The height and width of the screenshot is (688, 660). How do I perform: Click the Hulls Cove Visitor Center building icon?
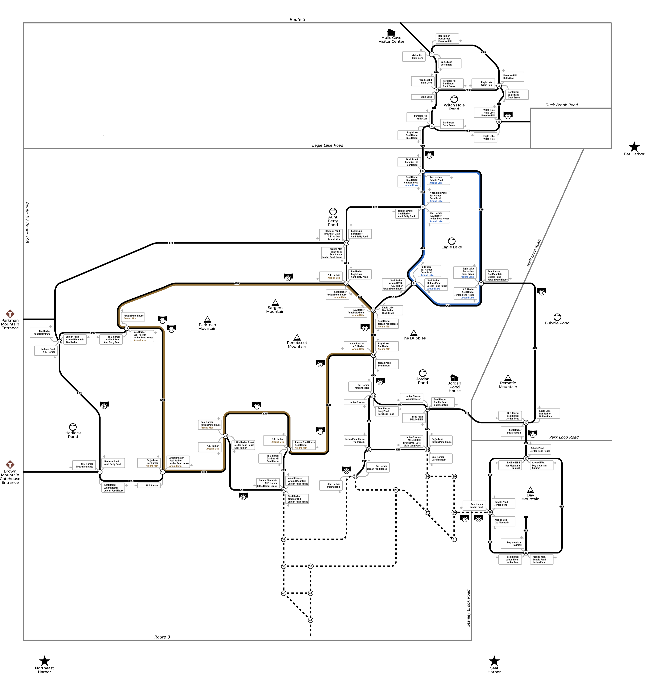[x=391, y=32]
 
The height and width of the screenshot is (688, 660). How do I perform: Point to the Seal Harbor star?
[x=494, y=661]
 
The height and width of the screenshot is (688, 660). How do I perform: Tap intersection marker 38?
[x=490, y=512]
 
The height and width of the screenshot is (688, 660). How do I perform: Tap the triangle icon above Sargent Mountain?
[x=275, y=302]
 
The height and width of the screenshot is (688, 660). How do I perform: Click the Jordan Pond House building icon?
[x=454, y=377]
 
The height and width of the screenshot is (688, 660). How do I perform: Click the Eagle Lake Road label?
[x=328, y=145]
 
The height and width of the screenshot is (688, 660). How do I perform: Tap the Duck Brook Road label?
[x=561, y=105]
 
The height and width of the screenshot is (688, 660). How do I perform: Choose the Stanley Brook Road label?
[x=469, y=608]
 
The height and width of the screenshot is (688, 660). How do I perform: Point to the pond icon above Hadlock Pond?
[x=73, y=427]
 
